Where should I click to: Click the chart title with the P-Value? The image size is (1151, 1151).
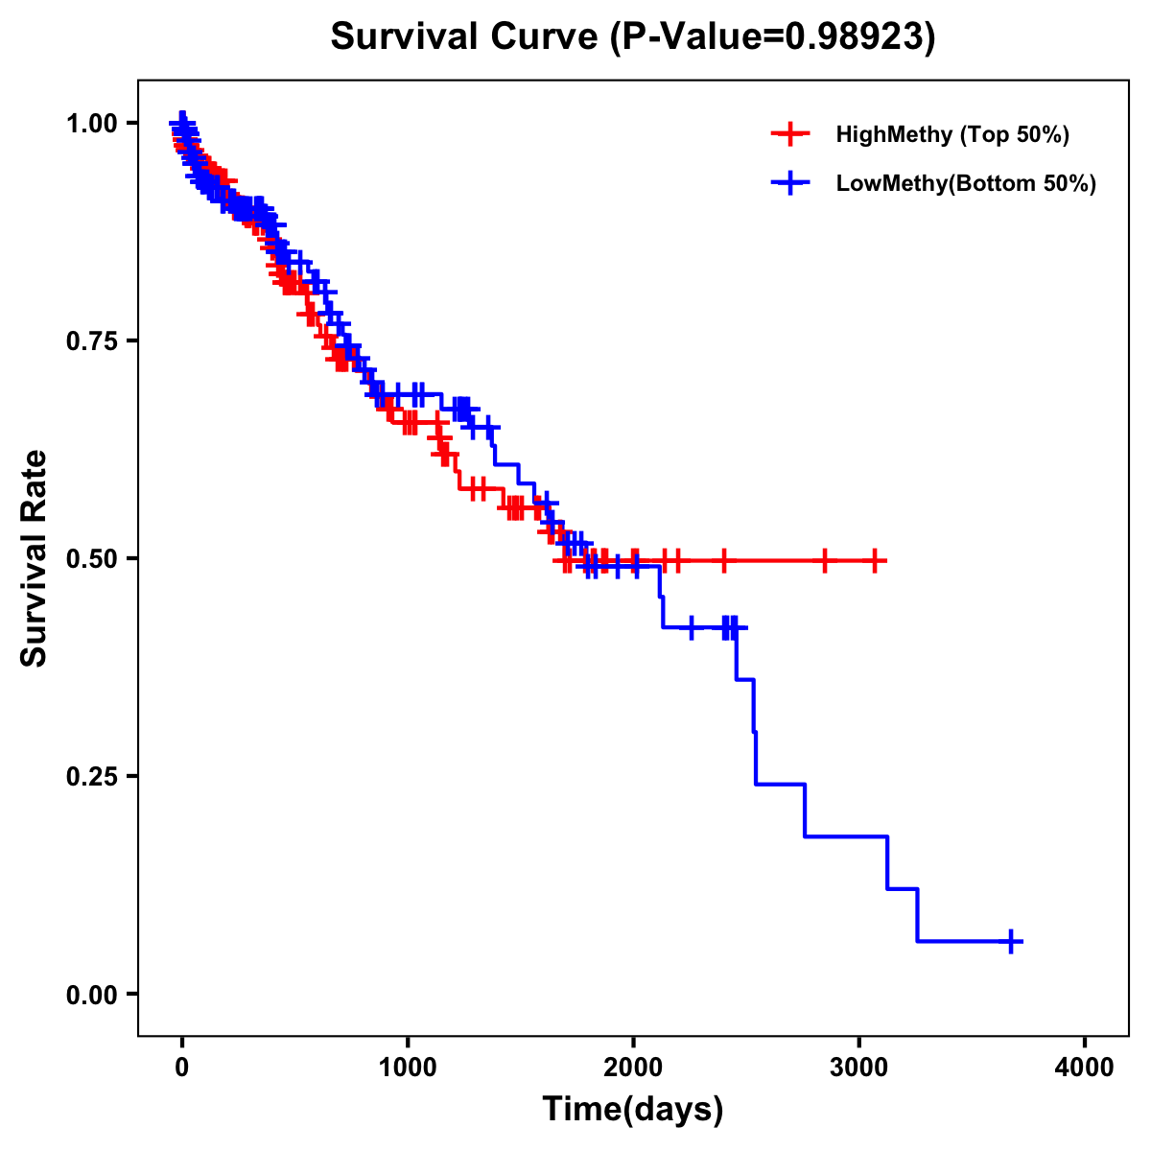(632, 36)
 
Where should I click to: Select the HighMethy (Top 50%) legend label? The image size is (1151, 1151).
(951, 134)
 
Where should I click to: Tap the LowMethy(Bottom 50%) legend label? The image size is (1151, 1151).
(965, 183)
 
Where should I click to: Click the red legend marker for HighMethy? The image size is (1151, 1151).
(790, 134)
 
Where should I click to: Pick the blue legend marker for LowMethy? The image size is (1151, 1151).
(790, 183)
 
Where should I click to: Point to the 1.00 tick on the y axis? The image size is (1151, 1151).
(92, 123)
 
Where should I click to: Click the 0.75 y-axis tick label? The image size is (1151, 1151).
(92, 341)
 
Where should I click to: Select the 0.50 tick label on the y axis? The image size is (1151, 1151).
(92, 558)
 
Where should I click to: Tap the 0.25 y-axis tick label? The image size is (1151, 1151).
(92, 776)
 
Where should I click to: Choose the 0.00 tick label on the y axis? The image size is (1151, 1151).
(92, 994)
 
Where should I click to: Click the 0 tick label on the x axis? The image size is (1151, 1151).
(182, 1068)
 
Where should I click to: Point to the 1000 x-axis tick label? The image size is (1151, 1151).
(408, 1068)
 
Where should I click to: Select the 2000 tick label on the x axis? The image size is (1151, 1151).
(633, 1068)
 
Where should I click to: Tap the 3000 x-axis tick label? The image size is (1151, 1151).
(859, 1068)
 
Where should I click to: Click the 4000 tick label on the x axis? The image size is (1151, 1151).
(1085, 1068)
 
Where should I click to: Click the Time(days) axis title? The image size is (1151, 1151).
(633, 1110)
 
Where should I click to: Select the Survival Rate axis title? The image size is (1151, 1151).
(35, 558)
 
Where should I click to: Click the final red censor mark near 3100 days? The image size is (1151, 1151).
(874, 560)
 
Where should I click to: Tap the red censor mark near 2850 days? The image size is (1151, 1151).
(824, 560)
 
